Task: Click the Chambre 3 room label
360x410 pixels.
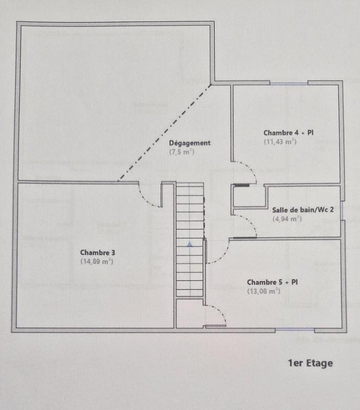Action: [x=97, y=252]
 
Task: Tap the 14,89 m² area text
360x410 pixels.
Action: [x=96, y=261]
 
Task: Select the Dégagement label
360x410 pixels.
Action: [x=189, y=143]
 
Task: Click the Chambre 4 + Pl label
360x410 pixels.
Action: [x=289, y=132]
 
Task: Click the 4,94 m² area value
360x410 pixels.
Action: [x=288, y=218]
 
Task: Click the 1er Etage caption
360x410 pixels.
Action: [x=311, y=363]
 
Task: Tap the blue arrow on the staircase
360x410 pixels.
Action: [x=189, y=245]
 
